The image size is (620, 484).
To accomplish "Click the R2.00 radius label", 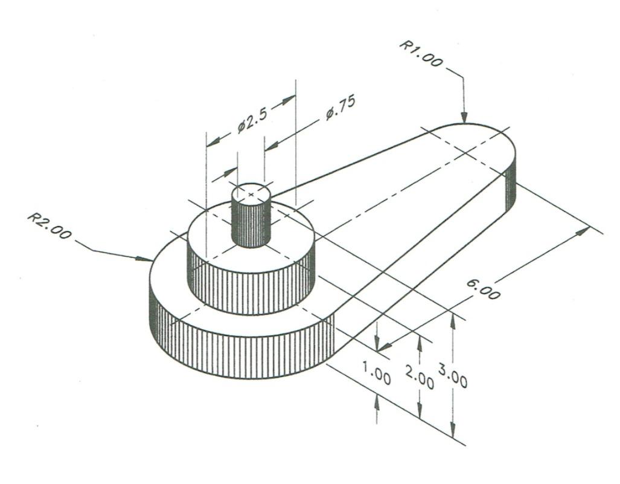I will click(49, 225).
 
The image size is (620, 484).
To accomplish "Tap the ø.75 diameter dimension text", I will click(340, 106).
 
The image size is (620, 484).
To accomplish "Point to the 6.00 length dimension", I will click(484, 291).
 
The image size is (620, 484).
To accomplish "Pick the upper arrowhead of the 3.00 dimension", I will click(452, 319).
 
